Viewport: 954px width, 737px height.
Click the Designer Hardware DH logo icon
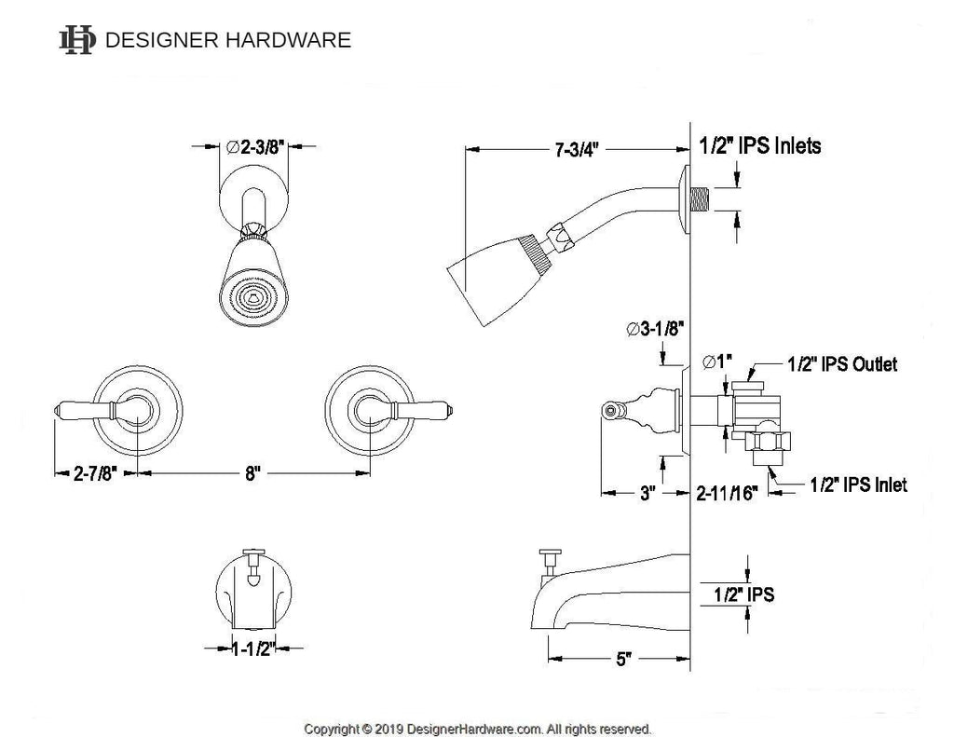pyautogui.click(x=76, y=40)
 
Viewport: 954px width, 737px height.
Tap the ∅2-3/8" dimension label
pyautogui.click(x=255, y=146)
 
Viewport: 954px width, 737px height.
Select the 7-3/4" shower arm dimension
pyautogui.click(x=577, y=150)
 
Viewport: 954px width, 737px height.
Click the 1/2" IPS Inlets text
pyautogui.click(x=760, y=146)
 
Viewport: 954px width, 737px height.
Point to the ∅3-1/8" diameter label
pyautogui.click(x=655, y=329)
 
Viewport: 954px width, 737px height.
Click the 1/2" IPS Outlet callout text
pyautogui.click(x=842, y=364)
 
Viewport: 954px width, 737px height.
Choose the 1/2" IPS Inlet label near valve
pyautogui.click(x=858, y=485)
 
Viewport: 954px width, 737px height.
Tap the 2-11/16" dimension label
pyautogui.click(x=727, y=493)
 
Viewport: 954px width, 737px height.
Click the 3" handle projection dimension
pyautogui.click(x=647, y=493)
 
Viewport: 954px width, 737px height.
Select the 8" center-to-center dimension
pyautogui.click(x=252, y=473)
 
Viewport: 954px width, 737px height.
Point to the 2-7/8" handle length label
pyautogui.click(x=94, y=473)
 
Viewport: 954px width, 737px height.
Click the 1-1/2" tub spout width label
pyautogui.click(x=253, y=648)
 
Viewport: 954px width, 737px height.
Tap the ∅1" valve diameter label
pyautogui.click(x=717, y=362)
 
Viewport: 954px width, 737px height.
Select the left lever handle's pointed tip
pyautogui.click(x=56, y=410)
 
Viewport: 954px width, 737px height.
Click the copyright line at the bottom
pyautogui.click(x=478, y=729)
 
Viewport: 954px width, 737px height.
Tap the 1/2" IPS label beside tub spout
pyautogui.click(x=743, y=594)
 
